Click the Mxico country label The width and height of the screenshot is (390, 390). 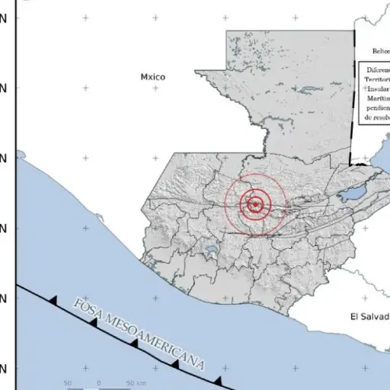coord(152,77)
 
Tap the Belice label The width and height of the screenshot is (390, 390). coord(380,51)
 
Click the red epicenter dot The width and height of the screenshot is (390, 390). coord(256,203)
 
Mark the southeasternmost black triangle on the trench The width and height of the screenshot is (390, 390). coord(218,379)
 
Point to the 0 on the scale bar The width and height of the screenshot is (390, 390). coord(98,382)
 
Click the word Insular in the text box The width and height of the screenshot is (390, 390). coord(378,88)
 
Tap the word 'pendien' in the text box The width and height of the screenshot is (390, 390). coord(378,108)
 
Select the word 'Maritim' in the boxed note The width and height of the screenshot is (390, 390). coord(378,98)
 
